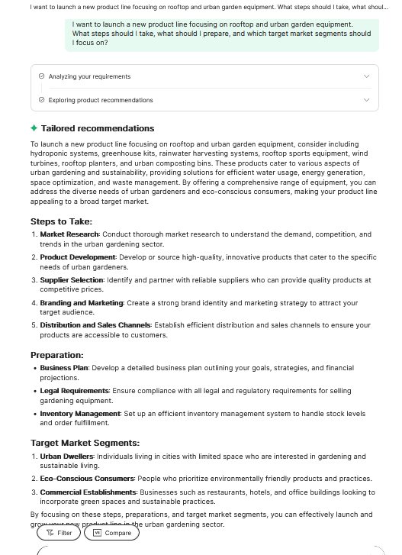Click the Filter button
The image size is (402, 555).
click(59, 533)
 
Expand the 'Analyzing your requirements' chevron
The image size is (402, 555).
click(367, 76)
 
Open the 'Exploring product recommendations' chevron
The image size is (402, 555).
click(367, 100)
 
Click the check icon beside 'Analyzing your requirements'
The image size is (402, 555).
click(41, 76)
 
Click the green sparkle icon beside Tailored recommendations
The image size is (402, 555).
click(34, 128)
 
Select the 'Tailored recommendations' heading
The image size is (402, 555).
click(97, 128)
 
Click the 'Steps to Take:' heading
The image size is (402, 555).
click(61, 221)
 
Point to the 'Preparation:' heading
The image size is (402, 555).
click(57, 355)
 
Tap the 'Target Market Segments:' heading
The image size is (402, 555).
click(85, 443)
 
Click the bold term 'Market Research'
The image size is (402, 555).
click(69, 234)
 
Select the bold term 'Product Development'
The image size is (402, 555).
click(78, 257)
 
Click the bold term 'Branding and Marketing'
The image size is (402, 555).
click(82, 303)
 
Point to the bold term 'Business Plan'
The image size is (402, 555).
click(64, 368)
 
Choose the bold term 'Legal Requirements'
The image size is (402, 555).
click(74, 391)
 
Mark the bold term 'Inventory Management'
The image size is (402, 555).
click(80, 414)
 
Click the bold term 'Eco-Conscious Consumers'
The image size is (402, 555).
click(87, 479)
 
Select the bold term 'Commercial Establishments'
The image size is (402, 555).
click(90, 492)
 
